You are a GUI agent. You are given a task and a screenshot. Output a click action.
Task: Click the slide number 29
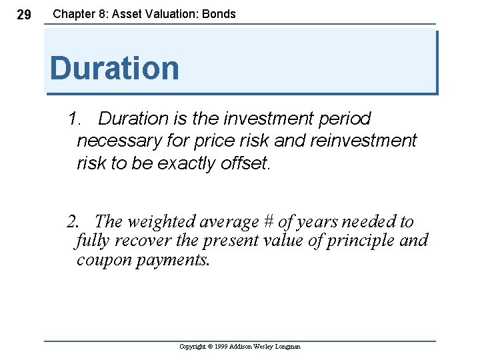point(23,15)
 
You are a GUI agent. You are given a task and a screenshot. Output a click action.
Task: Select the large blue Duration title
point(114,68)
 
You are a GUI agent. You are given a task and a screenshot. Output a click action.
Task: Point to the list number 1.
point(74,119)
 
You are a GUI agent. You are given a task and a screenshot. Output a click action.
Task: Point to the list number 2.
point(74,221)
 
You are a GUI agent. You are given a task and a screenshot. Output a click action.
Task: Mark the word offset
point(247,163)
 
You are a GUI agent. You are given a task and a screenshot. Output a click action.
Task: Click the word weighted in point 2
point(159,221)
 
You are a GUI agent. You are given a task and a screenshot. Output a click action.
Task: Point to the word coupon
point(104,260)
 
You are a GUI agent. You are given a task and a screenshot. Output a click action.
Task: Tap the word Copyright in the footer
point(194,347)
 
